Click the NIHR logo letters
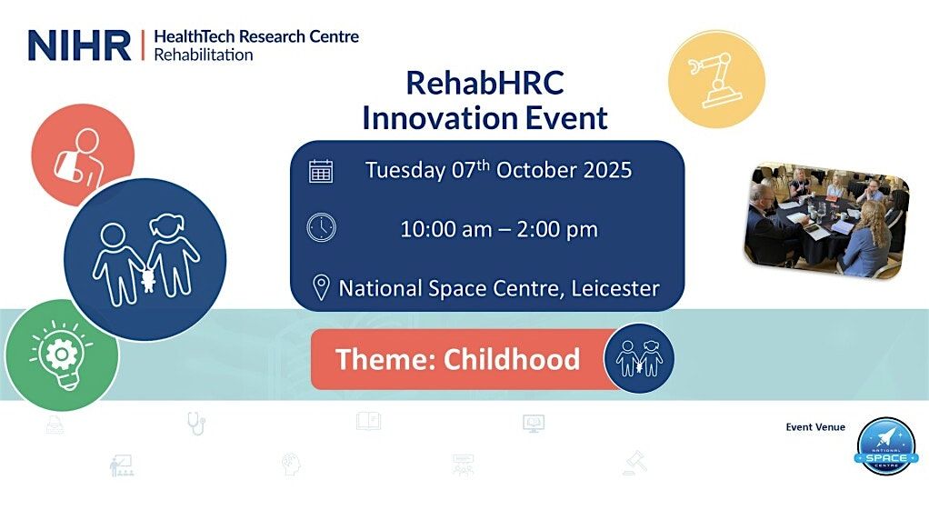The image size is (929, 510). (79, 45)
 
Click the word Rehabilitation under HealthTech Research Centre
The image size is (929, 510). (204, 55)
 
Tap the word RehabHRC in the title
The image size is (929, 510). (484, 83)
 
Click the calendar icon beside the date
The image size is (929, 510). (321, 171)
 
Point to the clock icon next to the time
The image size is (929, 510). (321, 227)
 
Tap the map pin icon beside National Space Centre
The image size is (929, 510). (321, 288)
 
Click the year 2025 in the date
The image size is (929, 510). (608, 171)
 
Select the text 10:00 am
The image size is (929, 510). (446, 229)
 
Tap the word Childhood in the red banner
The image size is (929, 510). (511, 359)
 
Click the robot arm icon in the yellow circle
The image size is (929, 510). (715, 79)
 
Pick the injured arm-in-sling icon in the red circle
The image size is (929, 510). (80, 158)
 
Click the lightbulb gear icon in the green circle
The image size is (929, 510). (61, 355)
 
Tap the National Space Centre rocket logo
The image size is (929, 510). (886, 446)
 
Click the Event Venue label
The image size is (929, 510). (815, 427)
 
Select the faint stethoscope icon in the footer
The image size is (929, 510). (196, 423)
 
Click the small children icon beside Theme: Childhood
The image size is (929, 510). (639, 358)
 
